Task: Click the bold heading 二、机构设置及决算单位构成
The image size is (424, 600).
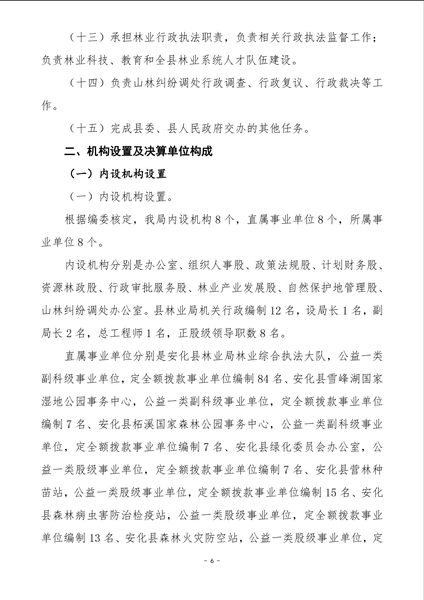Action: (x=138, y=151)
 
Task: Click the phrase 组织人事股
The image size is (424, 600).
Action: (x=217, y=265)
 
